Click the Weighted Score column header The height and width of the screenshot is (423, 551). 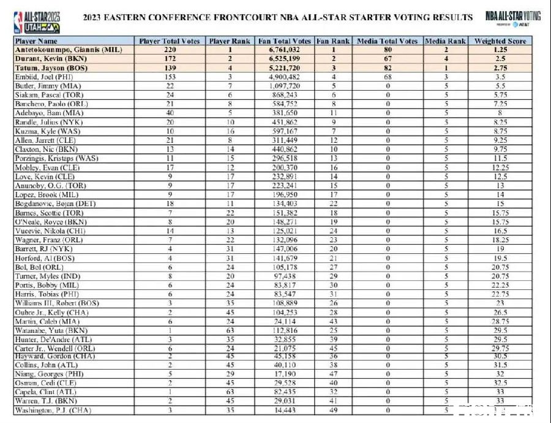click(500, 41)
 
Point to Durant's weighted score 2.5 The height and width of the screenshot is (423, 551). click(500, 59)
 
